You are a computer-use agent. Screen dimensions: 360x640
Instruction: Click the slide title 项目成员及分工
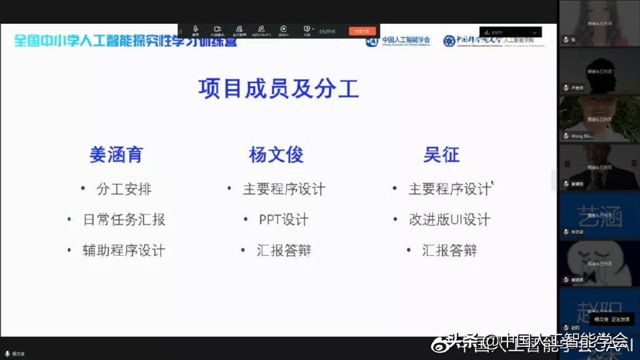(279, 89)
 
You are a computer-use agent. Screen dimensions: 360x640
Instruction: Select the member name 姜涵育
(116, 155)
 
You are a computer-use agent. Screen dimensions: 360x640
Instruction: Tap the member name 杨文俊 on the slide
(276, 155)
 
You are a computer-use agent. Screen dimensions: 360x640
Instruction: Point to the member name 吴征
(441, 155)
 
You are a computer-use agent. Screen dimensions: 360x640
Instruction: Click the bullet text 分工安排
(124, 189)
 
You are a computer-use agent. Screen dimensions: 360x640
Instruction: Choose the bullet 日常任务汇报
(124, 219)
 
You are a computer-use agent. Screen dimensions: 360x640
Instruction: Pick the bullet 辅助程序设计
(124, 251)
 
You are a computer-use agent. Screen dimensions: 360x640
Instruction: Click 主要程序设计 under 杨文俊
(284, 189)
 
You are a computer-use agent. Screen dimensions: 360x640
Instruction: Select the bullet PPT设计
(284, 219)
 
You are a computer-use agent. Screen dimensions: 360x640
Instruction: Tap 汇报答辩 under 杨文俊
(284, 251)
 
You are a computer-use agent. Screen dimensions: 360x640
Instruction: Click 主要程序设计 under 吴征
(449, 189)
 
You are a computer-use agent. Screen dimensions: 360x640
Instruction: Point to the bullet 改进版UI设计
(449, 219)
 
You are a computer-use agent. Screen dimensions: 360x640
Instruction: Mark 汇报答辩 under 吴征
(449, 251)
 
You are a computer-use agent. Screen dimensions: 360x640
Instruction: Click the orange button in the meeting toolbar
(362, 31)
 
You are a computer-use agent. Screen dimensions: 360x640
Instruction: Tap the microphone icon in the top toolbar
(196, 29)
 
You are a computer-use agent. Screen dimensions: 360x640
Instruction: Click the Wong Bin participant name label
(581, 136)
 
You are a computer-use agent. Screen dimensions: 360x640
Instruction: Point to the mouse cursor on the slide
(492, 183)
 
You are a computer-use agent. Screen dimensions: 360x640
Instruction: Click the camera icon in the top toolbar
(217, 29)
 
